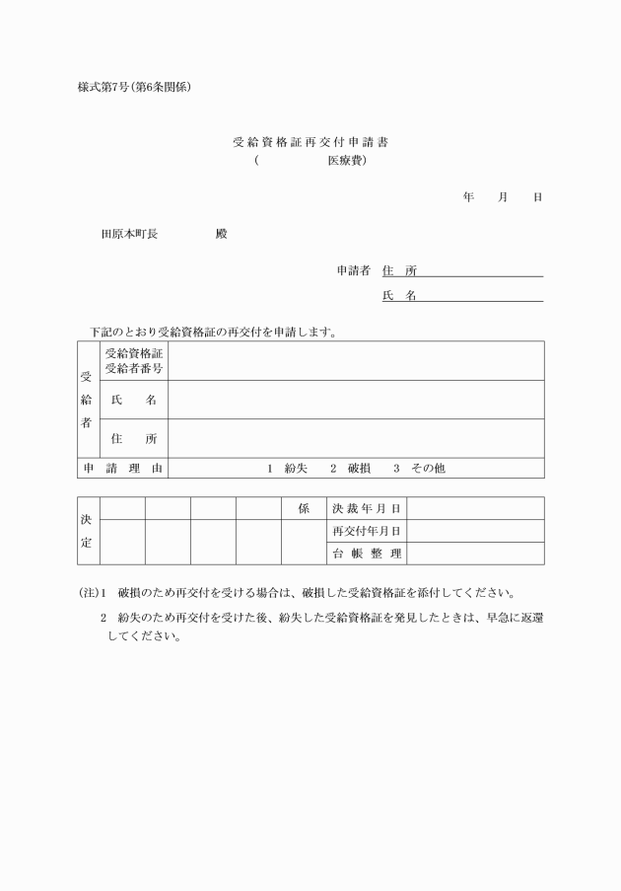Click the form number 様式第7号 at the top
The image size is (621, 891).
click(108, 87)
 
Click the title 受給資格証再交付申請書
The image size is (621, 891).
click(310, 142)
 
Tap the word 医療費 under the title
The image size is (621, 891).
click(347, 160)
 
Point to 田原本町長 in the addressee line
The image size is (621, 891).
click(129, 234)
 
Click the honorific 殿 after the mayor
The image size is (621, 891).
click(221, 234)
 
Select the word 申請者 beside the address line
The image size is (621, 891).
click(353, 270)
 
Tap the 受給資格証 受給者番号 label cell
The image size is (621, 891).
click(133, 361)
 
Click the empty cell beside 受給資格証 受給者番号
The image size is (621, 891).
click(356, 361)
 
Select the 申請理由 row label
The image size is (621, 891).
click(122, 469)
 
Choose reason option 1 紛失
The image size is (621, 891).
click(287, 469)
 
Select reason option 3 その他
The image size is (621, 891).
click(419, 469)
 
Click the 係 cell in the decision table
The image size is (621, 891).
click(304, 508)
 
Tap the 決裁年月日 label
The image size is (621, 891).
click(367, 508)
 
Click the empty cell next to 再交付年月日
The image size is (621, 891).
click(475, 531)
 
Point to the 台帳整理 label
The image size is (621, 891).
click(367, 554)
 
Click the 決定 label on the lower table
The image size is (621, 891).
click(87, 531)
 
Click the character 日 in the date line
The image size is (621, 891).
click(537, 197)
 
